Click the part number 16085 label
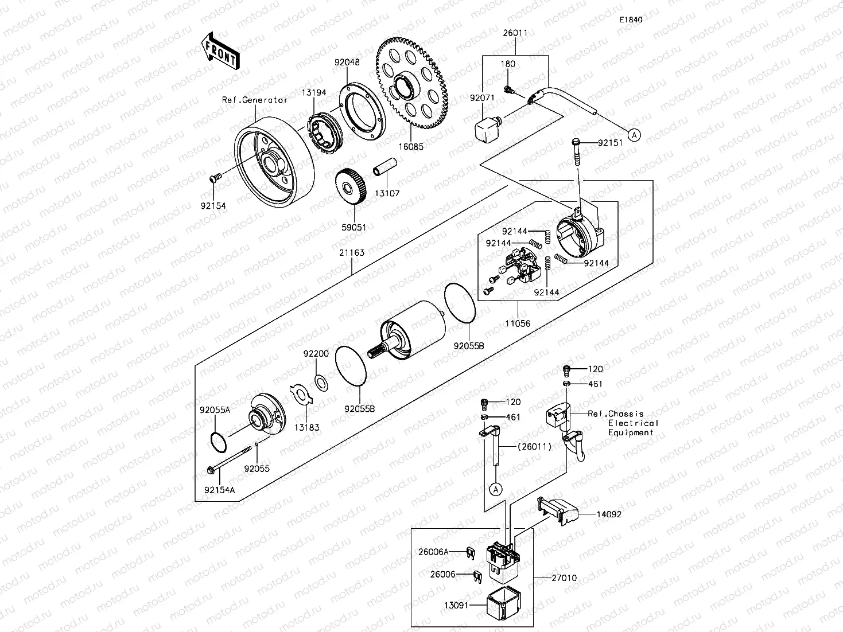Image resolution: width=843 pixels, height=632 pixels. (411, 147)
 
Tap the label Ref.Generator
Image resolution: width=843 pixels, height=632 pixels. (255, 100)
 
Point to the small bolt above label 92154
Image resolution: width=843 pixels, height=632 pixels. (214, 179)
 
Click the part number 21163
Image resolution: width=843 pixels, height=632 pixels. (352, 252)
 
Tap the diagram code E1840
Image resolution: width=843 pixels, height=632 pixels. (630, 19)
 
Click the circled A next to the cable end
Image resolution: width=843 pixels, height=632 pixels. (634, 135)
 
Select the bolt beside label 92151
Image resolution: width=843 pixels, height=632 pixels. (576, 150)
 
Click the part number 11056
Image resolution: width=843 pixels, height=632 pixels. (518, 323)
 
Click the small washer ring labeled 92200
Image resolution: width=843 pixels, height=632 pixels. (319, 381)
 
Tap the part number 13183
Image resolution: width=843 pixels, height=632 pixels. (307, 427)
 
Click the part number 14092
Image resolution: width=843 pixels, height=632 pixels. (608, 514)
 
